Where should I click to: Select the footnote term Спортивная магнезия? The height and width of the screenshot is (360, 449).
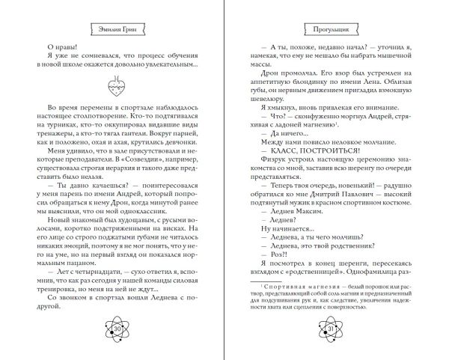(289, 294)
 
